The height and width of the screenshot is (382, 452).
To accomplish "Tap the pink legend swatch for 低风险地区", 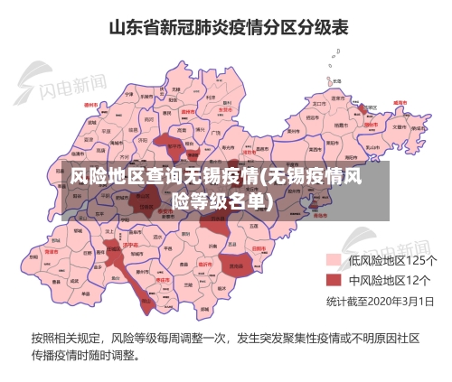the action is pyautogui.click(x=334, y=260).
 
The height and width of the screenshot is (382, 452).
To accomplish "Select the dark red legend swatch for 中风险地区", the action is pyautogui.click(x=334, y=280).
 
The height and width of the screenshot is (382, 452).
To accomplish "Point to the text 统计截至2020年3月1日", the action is pyautogui.click(x=380, y=300).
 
